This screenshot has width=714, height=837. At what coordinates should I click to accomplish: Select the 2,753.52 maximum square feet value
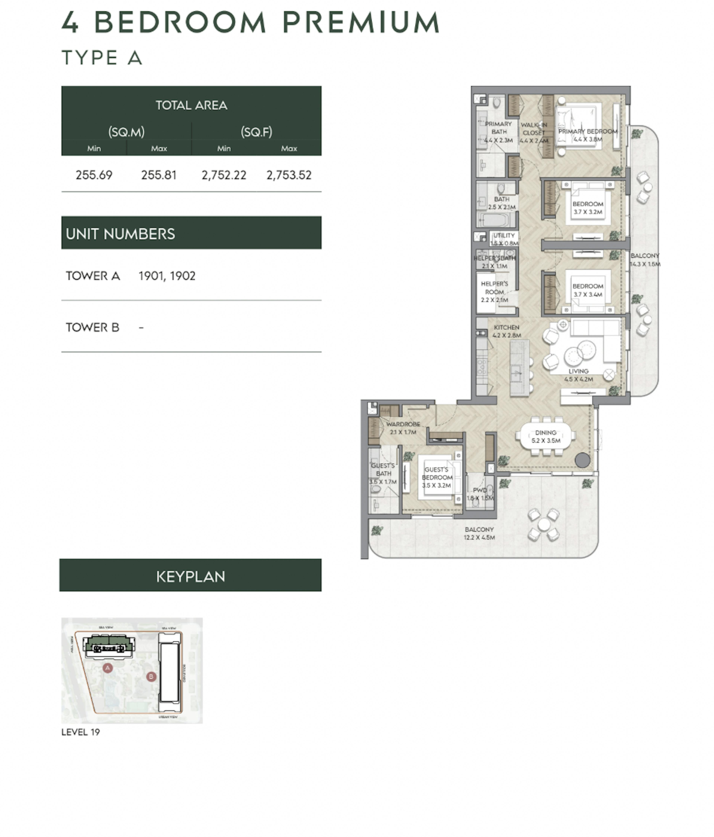tap(289, 175)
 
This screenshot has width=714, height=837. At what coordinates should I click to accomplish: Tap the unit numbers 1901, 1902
tap(167, 276)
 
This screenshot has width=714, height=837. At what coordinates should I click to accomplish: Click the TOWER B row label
tap(92, 327)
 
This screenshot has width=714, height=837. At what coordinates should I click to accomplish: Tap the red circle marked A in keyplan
tap(107, 668)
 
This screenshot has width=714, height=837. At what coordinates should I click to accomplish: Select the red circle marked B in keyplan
tap(151, 676)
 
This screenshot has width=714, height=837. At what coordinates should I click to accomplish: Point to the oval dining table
tap(546, 436)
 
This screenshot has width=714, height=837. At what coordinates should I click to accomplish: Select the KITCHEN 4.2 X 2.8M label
tap(506, 331)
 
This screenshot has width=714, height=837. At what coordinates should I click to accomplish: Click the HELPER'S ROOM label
tap(494, 292)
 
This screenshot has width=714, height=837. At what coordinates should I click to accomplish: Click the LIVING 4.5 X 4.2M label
tap(578, 375)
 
